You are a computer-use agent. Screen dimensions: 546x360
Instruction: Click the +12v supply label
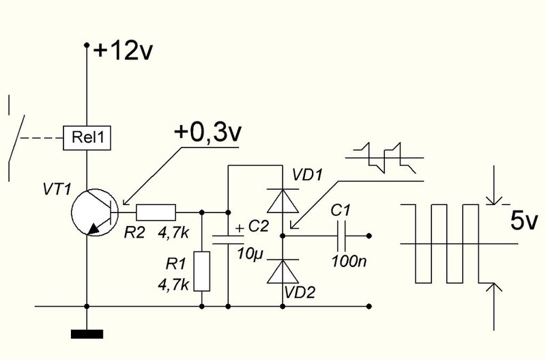click(124, 50)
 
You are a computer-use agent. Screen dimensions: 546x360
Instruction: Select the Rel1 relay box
click(87, 138)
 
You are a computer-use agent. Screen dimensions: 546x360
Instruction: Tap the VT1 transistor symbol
click(94, 212)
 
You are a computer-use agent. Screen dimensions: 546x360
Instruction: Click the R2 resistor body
click(156, 212)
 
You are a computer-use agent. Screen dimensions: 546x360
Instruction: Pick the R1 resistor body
click(202, 271)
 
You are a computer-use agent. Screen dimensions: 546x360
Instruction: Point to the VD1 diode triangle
click(283, 201)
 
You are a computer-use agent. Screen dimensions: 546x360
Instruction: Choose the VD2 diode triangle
click(283, 271)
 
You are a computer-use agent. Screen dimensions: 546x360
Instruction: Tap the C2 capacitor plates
click(228, 240)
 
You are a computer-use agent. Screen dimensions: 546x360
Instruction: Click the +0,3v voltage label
click(207, 133)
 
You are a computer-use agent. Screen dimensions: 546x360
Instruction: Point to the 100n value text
click(349, 261)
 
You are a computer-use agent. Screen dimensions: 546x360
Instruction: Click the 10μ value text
click(250, 253)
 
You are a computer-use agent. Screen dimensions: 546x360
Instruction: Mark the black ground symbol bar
click(87, 334)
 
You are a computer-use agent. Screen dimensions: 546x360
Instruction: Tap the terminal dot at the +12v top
click(87, 45)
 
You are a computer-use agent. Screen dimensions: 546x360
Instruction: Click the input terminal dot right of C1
click(369, 236)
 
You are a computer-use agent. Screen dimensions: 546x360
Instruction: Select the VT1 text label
click(57, 190)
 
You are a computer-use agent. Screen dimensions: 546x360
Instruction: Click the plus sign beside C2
click(240, 228)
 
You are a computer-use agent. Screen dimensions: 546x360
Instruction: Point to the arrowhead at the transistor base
click(126, 202)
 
